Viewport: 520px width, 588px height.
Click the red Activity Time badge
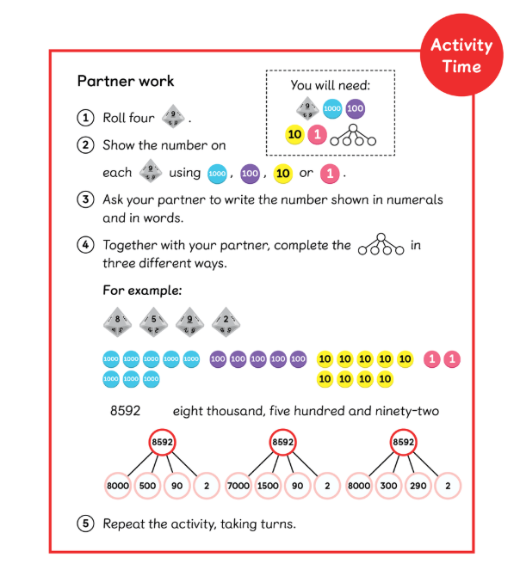tap(461, 56)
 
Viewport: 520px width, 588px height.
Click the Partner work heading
tap(126, 82)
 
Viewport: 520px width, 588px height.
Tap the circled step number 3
tap(85, 199)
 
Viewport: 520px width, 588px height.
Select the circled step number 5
tap(85, 523)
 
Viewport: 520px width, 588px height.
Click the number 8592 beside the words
tap(125, 411)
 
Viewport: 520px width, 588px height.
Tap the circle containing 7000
tap(238, 486)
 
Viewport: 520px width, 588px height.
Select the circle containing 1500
tap(268, 486)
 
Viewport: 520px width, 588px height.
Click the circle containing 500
tap(147, 486)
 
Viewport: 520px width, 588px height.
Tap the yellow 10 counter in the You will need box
tap(294, 135)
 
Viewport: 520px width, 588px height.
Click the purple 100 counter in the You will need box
tap(355, 109)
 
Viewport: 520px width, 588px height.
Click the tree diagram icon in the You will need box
tap(356, 136)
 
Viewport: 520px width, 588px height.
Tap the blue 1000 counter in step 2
tap(217, 174)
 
